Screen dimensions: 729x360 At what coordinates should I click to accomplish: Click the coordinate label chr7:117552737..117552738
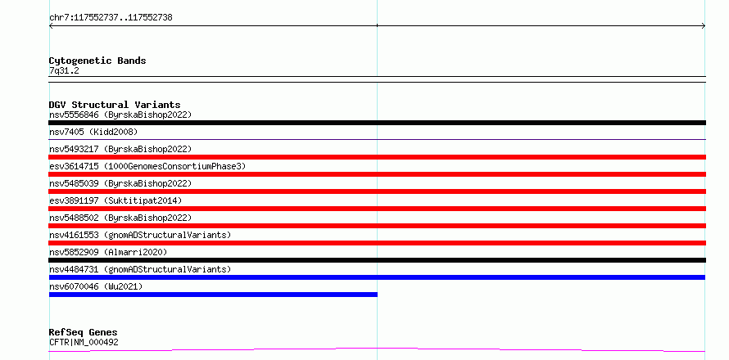click(111, 18)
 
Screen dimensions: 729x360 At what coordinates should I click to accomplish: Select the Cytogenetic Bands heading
click(97, 61)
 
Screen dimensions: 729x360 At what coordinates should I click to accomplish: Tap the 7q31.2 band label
click(64, 70)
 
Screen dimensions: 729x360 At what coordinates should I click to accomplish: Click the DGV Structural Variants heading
click(115, 105)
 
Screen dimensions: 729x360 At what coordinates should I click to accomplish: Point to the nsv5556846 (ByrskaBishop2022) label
click(120, 115)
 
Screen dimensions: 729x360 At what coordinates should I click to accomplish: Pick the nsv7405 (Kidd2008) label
click(93, 132)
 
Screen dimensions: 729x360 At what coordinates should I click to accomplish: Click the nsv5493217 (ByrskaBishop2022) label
click(120, 149)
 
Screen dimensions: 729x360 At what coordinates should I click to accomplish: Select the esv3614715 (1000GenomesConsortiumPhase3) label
click(147, 166)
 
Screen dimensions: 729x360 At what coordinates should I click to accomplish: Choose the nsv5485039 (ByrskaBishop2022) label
click(120, 183)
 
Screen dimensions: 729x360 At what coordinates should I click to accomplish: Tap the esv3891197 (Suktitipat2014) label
click(115, 200)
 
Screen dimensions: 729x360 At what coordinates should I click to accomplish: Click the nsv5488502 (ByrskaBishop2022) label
click(120, 218)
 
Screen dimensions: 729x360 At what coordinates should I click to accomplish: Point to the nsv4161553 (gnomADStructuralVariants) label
click(140, 235)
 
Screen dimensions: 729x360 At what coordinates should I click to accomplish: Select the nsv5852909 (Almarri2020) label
click(108, 252)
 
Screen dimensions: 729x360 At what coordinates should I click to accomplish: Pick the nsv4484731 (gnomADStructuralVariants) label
click(140, 269)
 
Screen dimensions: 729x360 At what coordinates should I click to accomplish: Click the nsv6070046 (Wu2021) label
click(96, 286)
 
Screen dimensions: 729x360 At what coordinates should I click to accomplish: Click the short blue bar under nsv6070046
click(213, 295)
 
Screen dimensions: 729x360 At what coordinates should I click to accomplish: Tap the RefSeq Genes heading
click(84, 332)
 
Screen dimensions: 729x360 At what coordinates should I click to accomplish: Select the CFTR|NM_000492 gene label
click(84, 342)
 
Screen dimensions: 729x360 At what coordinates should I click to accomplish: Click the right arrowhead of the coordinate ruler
click(704, 26)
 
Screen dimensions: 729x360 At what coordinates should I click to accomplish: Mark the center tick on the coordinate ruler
click(377, 25)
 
